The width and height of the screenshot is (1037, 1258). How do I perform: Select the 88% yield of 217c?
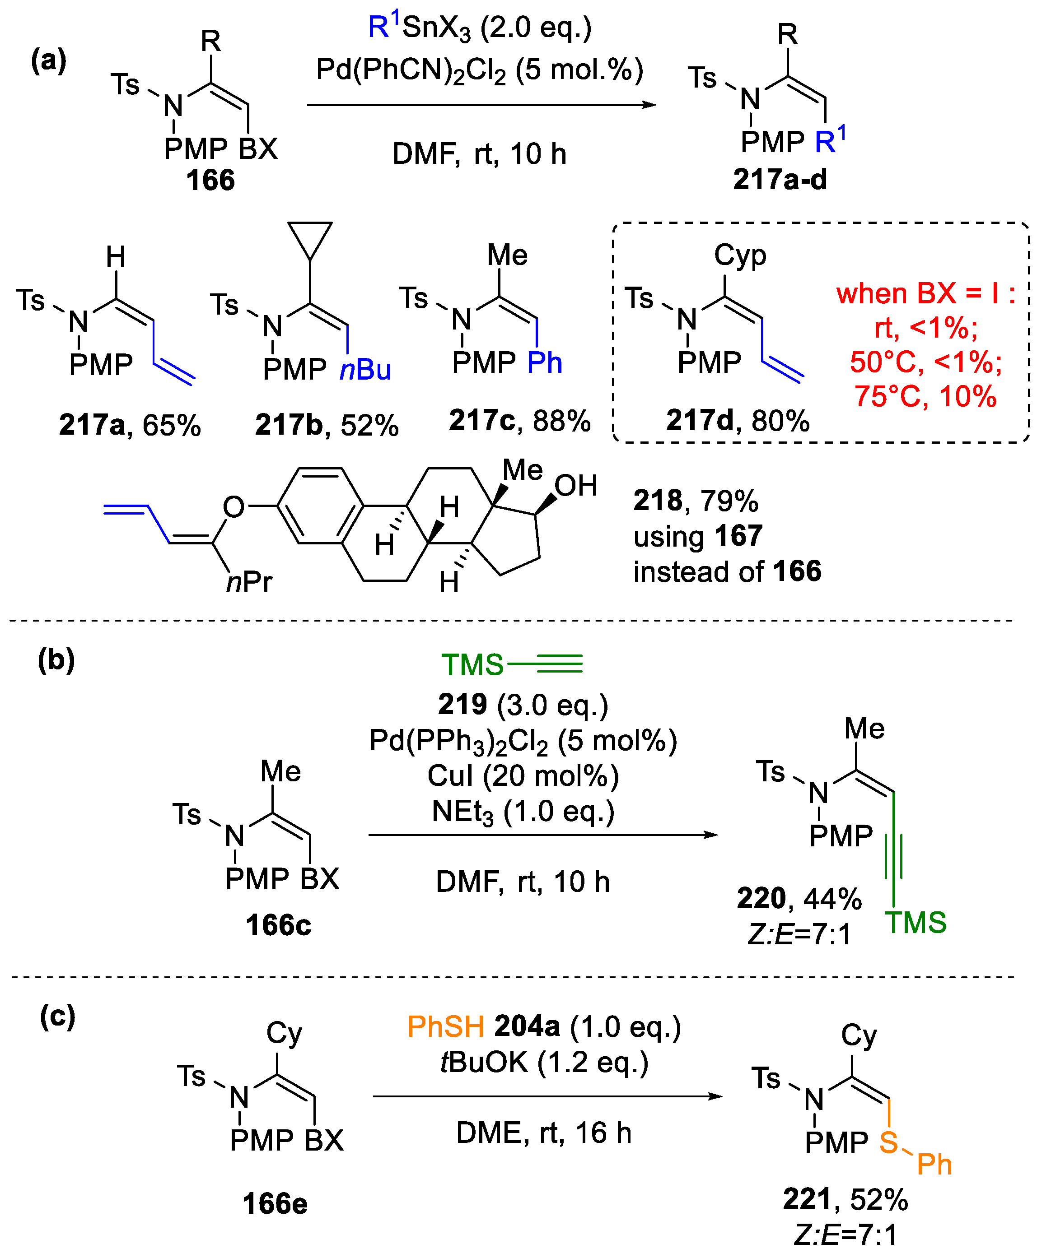point(561,421)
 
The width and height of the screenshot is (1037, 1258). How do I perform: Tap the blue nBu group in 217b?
point(365,370)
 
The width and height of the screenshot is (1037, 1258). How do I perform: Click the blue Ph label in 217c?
point(545,362)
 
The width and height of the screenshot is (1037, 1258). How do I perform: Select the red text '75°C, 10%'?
point(925,396)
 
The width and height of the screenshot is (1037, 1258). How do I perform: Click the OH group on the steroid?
point(576,486)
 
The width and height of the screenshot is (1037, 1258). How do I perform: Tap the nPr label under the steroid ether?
point(249,581)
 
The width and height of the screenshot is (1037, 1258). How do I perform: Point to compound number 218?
point(657,500)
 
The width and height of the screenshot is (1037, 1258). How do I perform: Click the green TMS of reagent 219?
point(472,664)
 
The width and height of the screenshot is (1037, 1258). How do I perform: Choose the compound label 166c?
point(278,925)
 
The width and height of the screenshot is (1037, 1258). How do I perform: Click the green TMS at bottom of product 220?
point(915,923)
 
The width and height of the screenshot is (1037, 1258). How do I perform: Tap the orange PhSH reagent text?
point(445,1027)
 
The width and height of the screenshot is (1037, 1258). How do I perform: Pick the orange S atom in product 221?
point(888,1142)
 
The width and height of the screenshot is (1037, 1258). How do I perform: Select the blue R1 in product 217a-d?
point(830,140)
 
